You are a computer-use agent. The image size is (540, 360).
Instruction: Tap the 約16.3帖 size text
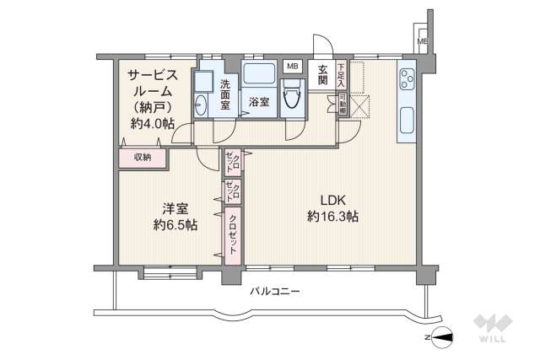[332, 217]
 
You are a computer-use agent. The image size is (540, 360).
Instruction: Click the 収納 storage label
[142, 157]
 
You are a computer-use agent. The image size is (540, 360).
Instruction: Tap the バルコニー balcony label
[275, 291]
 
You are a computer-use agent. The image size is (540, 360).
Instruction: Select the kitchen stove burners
[406, 78]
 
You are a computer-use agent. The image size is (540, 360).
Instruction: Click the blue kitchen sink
[407, 118]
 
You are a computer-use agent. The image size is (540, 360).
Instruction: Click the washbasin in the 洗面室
[201, 105]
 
